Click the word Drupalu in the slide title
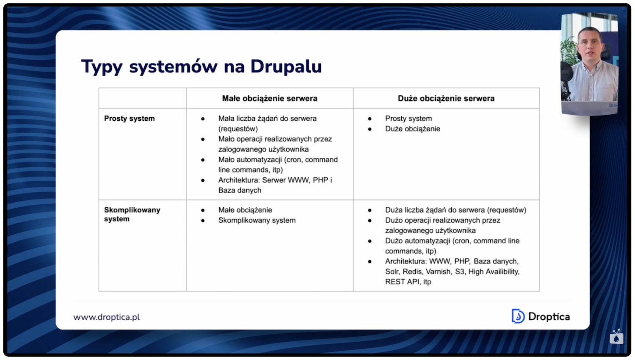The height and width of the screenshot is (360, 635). click(x=286, y=66)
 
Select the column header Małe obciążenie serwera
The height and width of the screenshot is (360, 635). click(x=269, y=98)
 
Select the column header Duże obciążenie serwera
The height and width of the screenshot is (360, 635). click(x=446, y=98)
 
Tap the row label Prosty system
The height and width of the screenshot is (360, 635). click(x=129, y=119)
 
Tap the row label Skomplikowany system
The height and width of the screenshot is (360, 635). click(x=132, y=214)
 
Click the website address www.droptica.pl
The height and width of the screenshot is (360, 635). click(x=106, y=317)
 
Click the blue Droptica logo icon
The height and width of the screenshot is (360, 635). click(x=518, y=316)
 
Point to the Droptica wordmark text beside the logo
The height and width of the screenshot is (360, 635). click(x=549, y=316)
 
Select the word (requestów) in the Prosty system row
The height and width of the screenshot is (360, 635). click(x=238, y=129)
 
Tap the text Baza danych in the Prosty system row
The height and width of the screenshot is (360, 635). click(x=240, y=190)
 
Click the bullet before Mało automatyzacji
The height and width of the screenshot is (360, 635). click(x=203, y=160)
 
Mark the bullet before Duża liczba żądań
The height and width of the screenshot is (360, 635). click(x=370, y=210)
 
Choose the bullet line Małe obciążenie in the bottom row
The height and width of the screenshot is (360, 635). click(x=245, y=210)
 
